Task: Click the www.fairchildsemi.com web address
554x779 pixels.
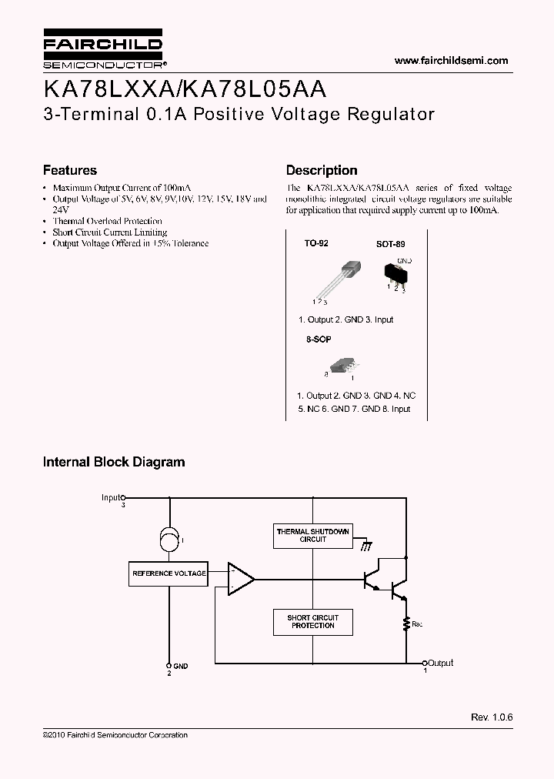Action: pyautogui.click(x=451, y=61)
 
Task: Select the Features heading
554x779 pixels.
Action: pyautogui.click(x=70, y=170)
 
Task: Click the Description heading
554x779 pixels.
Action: pyautogui.click(x=322, y=170)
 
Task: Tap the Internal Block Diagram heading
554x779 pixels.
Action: pyautogui.click(x=114, y=463)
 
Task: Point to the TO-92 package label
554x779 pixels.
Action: pyautogui.click(x=316, y=243)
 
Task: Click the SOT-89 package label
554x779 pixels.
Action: pyautogui.click(x=390, y=244)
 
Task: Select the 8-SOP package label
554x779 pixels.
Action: pyautogui.click(x=319, y=339)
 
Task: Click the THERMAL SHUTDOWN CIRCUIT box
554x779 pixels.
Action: pyautogui.click(x=312, y=536)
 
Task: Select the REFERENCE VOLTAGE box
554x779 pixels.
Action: pyautogui.click(x=169, y=573)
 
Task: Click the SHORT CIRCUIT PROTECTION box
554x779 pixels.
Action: pyautogui.click(x=312, y=621)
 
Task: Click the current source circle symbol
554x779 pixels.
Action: pyautogui.click(x=169, y=540)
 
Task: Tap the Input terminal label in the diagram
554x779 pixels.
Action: pyautogui.click(x=112, y=498)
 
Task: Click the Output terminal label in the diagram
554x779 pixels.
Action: pyautogui.click(x=441, y=663)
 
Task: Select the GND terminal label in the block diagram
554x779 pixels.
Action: pyautogui.click(x=180, y=666)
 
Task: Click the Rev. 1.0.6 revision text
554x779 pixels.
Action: pyautogui.click(x=492, y=717)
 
